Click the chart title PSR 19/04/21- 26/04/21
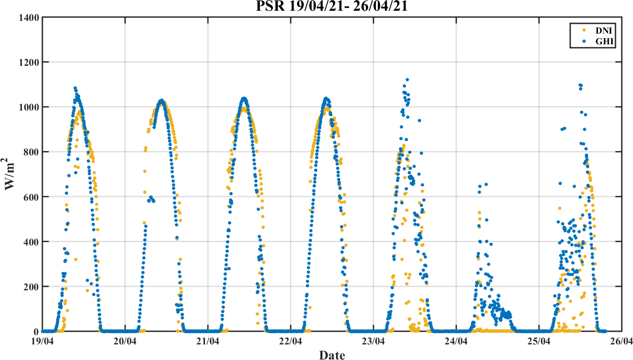[x=332, y=7]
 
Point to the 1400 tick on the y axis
[x=29, y=18]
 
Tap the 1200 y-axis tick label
[x=29, y=62]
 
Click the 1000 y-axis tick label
[x=29, y=107]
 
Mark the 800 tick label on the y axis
[x=32, y=152]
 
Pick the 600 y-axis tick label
[x=32, y=197]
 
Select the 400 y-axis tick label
[x=32, y=242]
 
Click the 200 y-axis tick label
[x=32, y=286]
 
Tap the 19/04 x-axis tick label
[x=43, y=341]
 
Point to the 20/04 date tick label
[x=125, y=341]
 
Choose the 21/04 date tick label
[x=208, y=341]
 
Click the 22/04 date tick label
[x=291, y=341]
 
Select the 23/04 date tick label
[x=373, y=341]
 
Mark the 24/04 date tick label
[x=456, y=341]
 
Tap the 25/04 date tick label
[x=539, y=341]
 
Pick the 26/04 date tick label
[x=621, y=341]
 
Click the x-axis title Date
[x=332, y=355]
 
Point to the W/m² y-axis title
[x=11, y=174]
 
